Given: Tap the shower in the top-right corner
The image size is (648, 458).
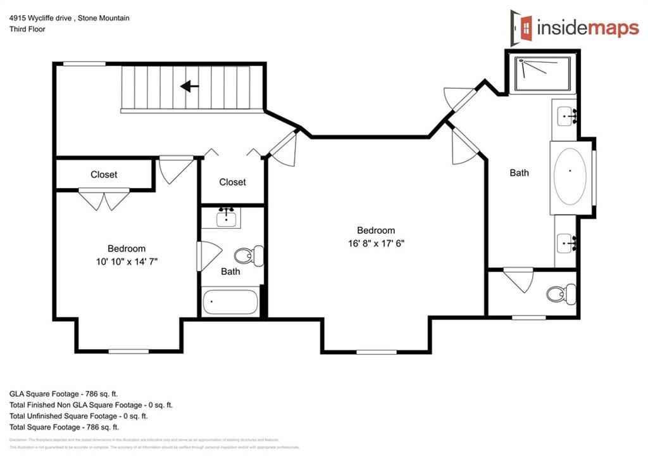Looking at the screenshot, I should coord(543,74).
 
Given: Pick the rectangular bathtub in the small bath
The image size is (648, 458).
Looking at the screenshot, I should coord(230,302).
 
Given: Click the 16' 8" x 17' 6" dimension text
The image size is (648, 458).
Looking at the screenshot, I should coord(375,243).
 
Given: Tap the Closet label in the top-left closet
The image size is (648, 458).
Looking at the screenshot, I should coord(104,175).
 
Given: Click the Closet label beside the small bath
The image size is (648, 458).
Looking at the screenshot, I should coord(232,182).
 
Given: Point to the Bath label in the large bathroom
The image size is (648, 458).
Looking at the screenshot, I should coord(519,172).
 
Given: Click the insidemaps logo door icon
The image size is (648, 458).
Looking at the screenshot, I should coord(522,27).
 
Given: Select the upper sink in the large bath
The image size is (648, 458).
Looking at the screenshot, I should coord(567,116).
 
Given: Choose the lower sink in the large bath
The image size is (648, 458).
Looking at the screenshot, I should coord(567,242).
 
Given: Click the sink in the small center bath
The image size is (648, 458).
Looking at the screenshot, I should coord(227,218).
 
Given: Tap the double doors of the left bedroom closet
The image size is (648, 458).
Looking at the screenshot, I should coord(103,200).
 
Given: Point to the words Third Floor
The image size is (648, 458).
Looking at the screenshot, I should coord(27,29).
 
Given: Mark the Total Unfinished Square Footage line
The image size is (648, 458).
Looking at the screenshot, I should coord(78,416).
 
